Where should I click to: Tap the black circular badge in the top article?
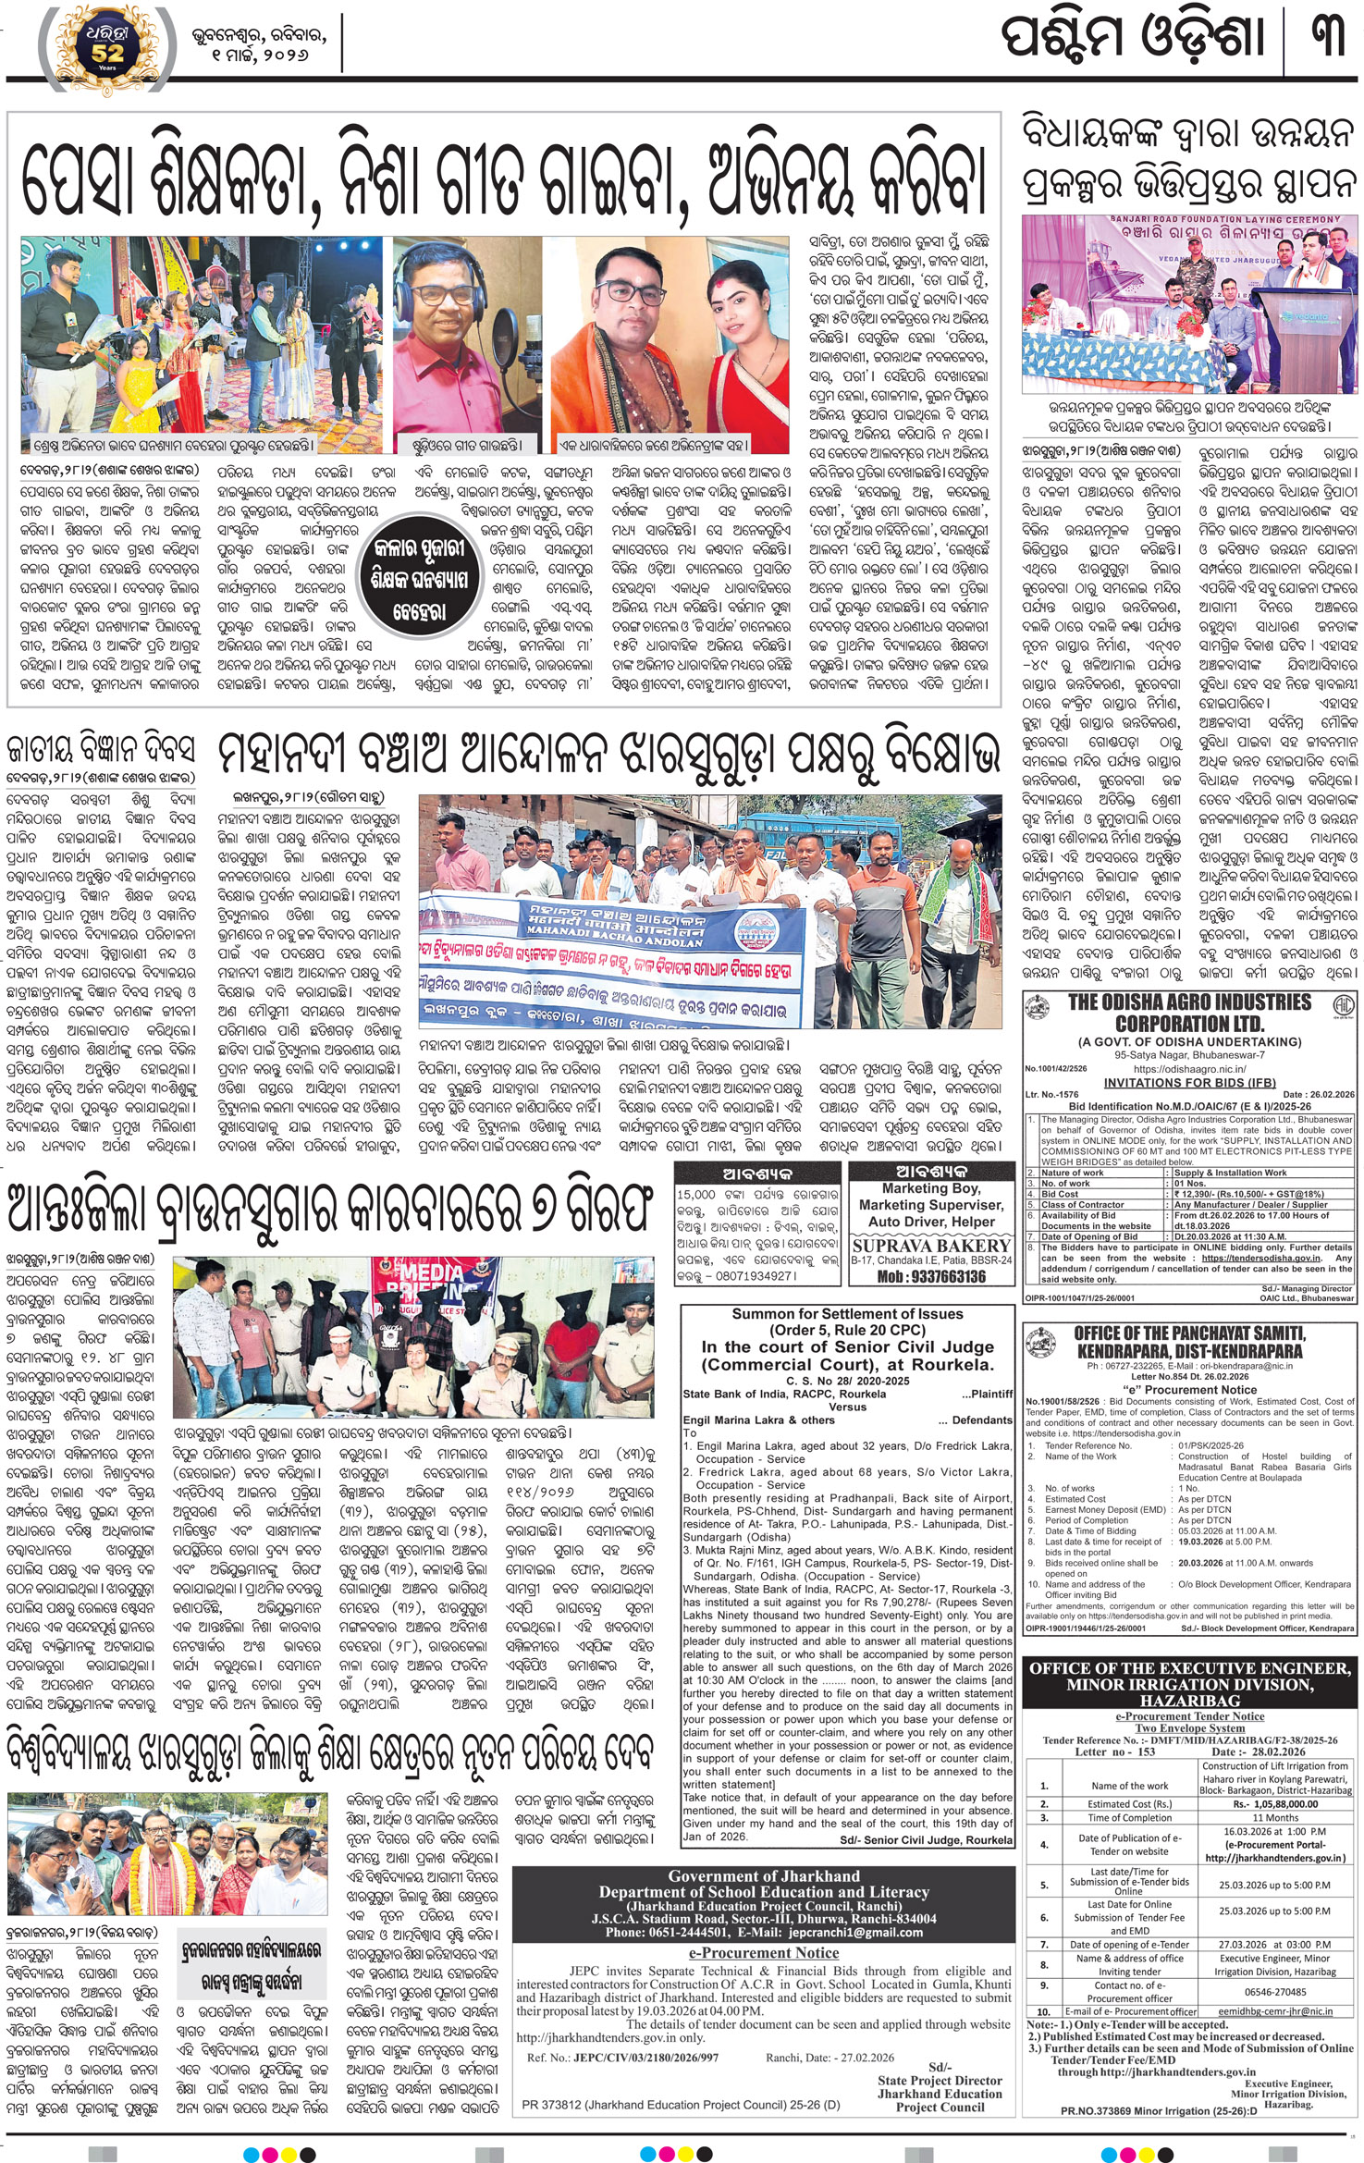click(x=420, y=580)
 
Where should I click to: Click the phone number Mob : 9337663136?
click(x=931, y=1276)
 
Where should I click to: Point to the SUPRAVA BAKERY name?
click(x=931, y=1245)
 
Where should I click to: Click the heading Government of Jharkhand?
click(x=763, y=1876)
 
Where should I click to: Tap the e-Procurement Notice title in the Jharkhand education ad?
click(x=763, y=1952)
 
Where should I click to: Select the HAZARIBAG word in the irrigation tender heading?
click(x=1189, y=1701)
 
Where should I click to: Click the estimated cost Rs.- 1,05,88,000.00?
click(x=1274, y=1803)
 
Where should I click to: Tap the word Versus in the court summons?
click(x=847, y=1407)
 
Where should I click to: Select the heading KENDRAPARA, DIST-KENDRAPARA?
click(x=1189, y=1351)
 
